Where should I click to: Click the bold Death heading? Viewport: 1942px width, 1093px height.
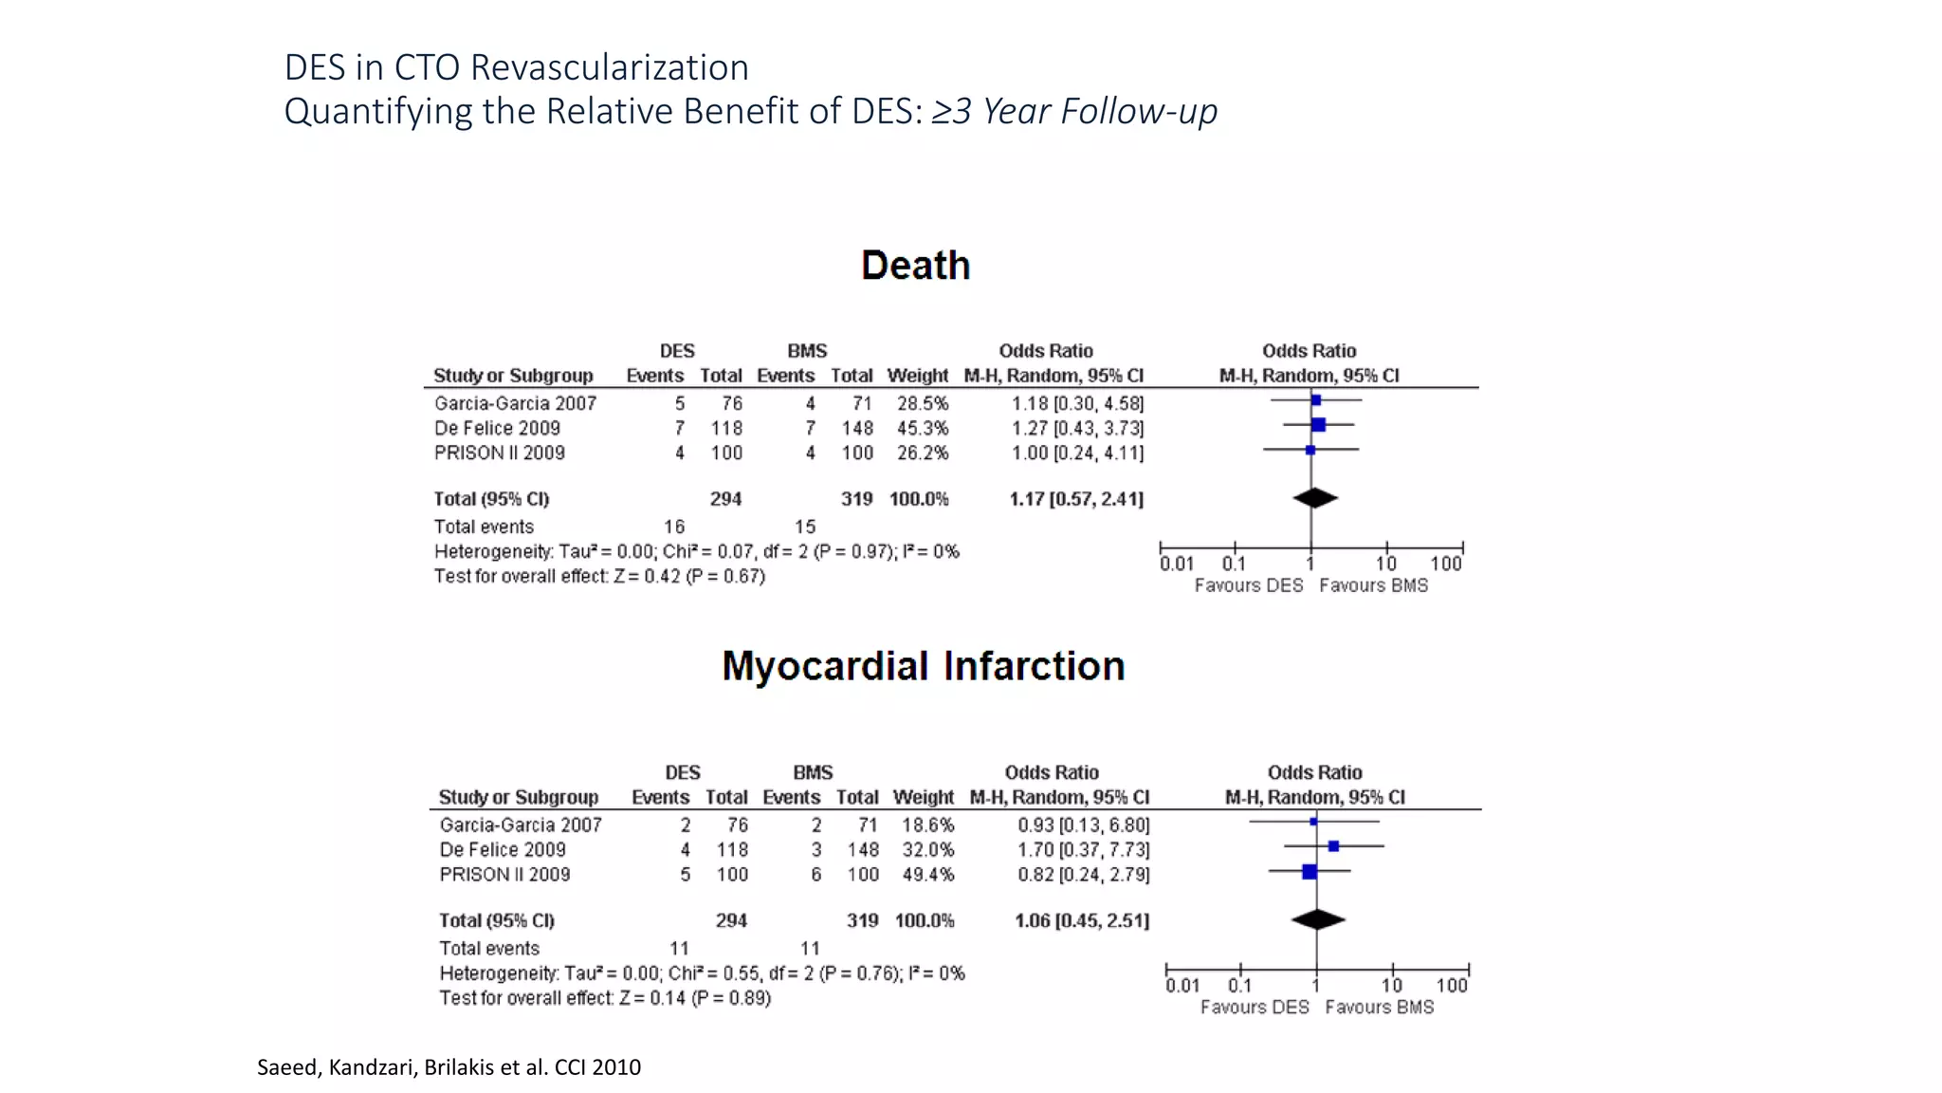(915, 266)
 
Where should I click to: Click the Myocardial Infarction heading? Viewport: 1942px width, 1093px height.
(923, 666)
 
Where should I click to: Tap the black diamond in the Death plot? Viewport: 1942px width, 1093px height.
(1314, 498)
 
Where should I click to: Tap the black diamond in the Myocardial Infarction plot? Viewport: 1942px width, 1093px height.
(1318, 919)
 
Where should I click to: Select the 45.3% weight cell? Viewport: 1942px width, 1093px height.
(922, 429)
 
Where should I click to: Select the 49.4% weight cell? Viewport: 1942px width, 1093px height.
(927, 875)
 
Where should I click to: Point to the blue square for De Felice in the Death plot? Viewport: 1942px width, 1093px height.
(1318, 425)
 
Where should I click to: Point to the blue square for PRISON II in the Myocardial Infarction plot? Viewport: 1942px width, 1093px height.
(1310, 871)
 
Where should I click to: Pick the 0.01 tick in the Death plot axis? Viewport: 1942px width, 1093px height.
(1176, 564)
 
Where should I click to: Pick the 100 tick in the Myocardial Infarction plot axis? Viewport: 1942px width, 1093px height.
(1451, 986)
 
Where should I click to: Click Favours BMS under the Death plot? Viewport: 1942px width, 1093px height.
(1373, 586)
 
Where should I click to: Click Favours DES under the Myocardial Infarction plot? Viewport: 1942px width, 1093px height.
(1254, 1008)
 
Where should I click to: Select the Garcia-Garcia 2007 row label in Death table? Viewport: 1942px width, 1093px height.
(515, 404)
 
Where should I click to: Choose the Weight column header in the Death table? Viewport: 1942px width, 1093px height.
(917, 376)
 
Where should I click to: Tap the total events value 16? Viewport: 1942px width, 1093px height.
(673, 528)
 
